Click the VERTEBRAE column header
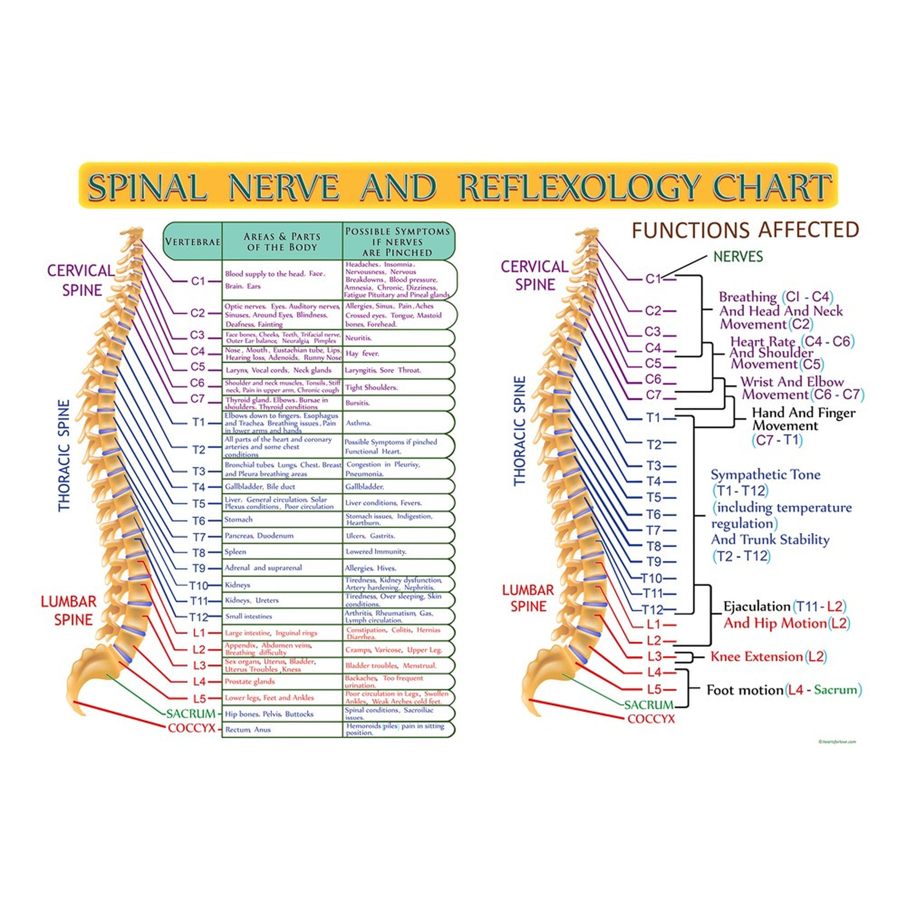point(192,242)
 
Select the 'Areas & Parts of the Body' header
point(282,241)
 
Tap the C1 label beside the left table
point(198,281)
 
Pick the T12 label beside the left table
point(198,617)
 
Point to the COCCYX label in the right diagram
point(651,719)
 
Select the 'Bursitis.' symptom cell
point(357,403)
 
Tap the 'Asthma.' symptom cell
point(358,423)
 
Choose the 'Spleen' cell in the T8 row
point(235,552)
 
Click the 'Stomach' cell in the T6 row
point(238,520)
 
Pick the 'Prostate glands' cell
point(250,681)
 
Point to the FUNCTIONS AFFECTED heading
point(745,230)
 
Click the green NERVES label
point(738,256)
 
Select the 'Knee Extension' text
point(757,656)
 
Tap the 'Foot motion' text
point(745,690)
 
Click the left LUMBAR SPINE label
point(68,611)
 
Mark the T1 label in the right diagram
point(653,418)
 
